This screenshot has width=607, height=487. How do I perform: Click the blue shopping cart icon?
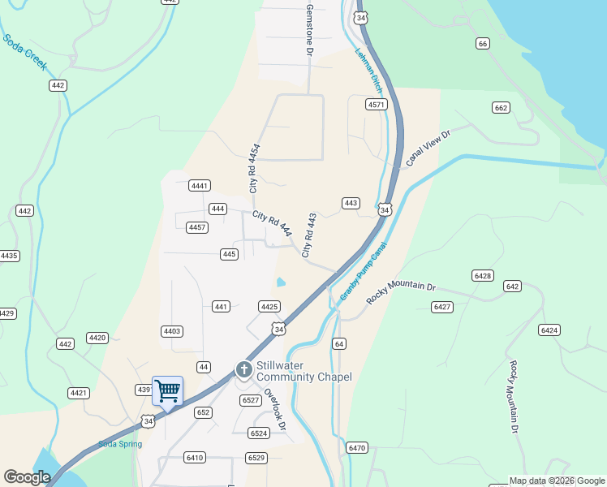coord(167,390)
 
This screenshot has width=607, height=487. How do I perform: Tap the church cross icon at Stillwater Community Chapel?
coord(243,370)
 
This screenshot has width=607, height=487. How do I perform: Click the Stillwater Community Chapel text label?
coord(303,371)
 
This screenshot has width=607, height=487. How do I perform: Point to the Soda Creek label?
coord(24,52)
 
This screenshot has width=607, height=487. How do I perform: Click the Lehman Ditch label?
coord(369,68)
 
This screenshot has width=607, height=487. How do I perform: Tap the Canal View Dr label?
coord(428,148)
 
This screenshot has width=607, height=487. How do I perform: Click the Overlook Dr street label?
coord(277,413)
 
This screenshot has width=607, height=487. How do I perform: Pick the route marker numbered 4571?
coord(376,105)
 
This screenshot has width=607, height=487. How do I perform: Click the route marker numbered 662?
coord(501,108)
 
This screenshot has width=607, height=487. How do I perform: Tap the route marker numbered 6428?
coord(483,276)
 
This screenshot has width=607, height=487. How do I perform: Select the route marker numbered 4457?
coord(197,227)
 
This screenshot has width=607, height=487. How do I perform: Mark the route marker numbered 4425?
coord(269,306)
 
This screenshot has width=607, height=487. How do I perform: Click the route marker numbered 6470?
coord(357,448)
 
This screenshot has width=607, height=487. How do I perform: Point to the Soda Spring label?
coord(120,444)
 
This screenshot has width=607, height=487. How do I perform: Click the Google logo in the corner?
coord(28,477)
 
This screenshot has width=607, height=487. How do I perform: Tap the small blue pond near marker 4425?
coord(281,282)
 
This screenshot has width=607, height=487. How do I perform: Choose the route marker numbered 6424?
coord(549,330)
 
